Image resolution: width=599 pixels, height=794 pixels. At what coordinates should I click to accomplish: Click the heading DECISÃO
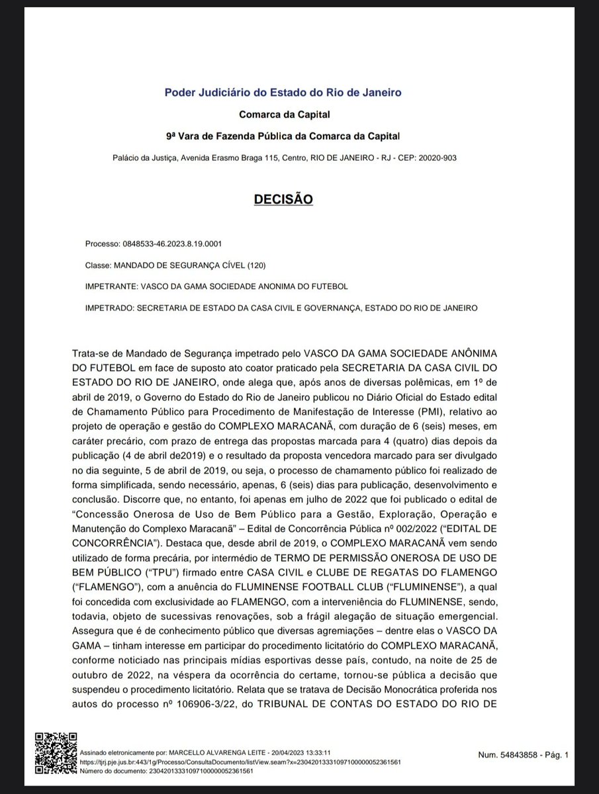coord(283,198)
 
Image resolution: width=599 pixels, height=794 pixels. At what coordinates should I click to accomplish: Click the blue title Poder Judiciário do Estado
coord(283,93)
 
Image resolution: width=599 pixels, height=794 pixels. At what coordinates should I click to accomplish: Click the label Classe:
coord(98,265)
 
